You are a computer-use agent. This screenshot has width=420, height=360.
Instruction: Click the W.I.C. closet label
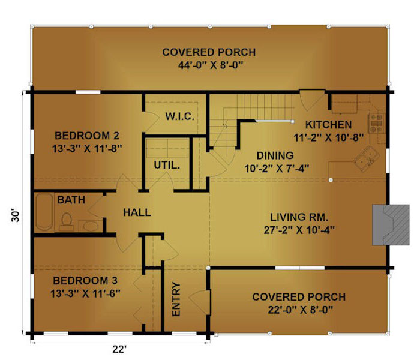click(x=180, y=116)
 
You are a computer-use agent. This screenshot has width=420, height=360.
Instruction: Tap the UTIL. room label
click(x=167, y=165)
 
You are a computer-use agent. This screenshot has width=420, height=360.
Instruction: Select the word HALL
click(x=137, y=212)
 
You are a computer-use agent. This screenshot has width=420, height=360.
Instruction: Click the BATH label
click(x=71, y=200)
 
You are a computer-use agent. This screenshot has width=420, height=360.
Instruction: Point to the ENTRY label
click(x=176, y=299)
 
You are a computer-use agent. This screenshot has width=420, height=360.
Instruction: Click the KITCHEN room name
click(x=328, y=125)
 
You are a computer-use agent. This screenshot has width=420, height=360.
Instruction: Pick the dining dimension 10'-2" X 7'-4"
click(x=277, y=169)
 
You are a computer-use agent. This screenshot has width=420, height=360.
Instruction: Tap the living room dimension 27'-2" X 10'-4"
click(x=299, y=230)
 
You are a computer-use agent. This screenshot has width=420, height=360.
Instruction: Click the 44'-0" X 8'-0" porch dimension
click(x=210, y=65)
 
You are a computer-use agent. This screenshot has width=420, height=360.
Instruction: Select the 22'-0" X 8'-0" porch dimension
click(x=300, y=310)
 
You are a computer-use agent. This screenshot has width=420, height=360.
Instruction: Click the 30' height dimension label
click(x=16, y=216)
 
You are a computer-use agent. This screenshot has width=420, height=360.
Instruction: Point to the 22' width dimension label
click(x=119, y=349)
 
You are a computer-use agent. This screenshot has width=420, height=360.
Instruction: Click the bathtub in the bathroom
click(x=44, y=212)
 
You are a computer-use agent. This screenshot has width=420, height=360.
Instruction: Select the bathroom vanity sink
click(x=91, y=226)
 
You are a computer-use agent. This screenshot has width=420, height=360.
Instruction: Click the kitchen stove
click(x=376, y=123)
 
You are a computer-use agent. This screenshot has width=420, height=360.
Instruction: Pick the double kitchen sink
click(x=367, y=158)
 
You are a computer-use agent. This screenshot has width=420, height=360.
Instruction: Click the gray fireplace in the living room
click(x=391, y=225)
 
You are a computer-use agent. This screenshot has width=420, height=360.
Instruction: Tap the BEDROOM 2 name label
click(x=87, y=136)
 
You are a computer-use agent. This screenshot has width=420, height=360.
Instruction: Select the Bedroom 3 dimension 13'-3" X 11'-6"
click(x=85, y=293)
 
